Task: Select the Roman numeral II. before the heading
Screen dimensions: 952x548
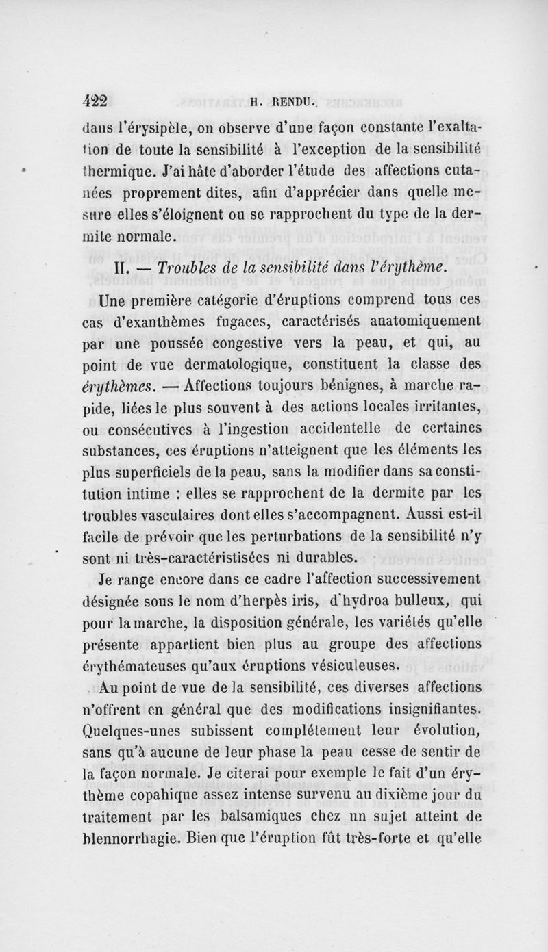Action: [x=120, y=266]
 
